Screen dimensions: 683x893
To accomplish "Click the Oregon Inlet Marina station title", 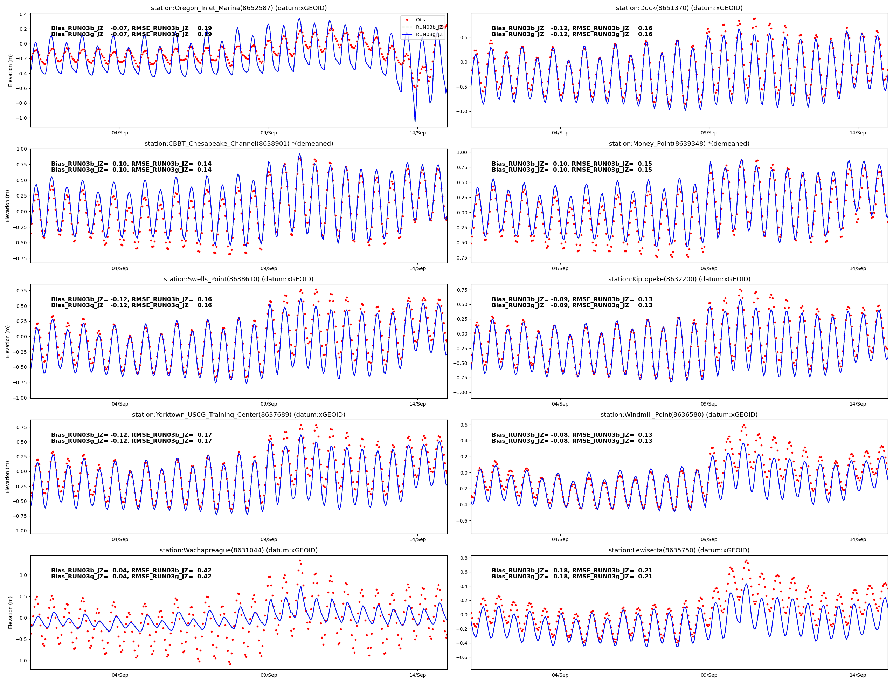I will (238, 8).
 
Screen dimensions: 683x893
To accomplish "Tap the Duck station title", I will (679, 8).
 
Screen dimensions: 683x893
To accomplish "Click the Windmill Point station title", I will (679, 415).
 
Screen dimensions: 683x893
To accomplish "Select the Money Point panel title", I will (679, 144).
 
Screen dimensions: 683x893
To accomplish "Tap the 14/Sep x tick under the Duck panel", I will (858, 133).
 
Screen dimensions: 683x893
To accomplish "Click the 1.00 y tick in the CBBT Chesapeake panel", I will (22, 149).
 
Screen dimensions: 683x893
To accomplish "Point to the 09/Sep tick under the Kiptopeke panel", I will (709, 404).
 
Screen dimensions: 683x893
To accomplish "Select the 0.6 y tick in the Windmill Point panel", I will (463, 425).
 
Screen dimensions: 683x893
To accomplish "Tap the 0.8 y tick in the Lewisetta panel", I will (463, 558).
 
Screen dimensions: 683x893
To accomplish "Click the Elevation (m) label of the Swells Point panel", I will (7, 341).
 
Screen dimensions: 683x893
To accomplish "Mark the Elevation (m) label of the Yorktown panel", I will (7, 477).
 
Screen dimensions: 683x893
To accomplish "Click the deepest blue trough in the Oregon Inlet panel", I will (415, 121).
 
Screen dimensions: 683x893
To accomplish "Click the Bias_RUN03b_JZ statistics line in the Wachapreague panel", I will (131, 570).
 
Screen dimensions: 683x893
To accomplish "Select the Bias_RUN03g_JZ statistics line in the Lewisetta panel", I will (572, 577).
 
